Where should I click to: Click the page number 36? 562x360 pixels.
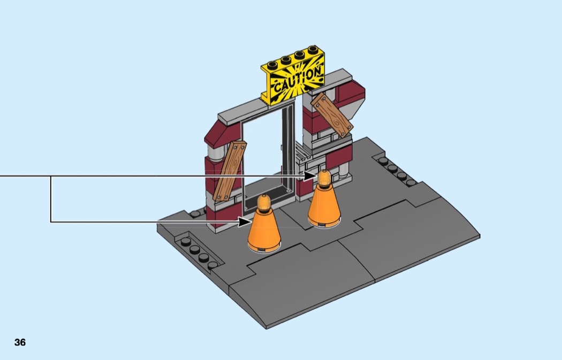click(x=20, y=342)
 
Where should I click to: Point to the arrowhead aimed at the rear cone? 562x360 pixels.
click(x=310, y=176)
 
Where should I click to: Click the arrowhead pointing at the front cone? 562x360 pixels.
click(x=245, y=222)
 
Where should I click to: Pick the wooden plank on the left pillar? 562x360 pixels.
click(x=230, y=171)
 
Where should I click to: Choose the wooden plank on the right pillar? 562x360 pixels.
click(x=332, y=114)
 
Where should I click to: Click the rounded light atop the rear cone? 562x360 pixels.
click(x=324, y=178)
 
